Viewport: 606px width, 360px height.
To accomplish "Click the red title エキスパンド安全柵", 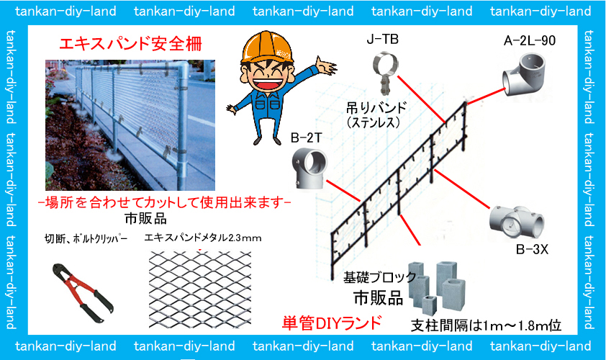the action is (130, 44).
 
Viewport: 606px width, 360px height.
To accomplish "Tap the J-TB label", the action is (383, 40).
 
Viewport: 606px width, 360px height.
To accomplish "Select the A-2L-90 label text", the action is (530, 40).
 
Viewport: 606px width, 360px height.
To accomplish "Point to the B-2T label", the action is (306, 138).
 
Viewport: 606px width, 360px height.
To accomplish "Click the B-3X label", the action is (532, 249).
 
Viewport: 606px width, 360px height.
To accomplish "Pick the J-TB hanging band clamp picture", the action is (385, 73).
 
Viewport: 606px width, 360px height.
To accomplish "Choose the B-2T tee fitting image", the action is (309, 168).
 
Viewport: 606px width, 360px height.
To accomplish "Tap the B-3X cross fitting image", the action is (516, 223).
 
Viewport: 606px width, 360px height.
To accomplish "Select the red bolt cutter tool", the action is (82, 292).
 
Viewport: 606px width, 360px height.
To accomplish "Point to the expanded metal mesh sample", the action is (200, 289).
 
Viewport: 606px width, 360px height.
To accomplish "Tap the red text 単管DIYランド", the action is (332, 323).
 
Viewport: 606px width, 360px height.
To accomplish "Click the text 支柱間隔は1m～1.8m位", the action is (486, 326).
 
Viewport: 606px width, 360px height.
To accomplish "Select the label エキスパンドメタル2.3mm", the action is (202, 238).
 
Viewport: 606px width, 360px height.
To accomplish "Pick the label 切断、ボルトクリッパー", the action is (86, 239).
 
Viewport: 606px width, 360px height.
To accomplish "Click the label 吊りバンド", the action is (376, 107).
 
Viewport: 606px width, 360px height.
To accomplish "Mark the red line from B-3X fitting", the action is (462, 189).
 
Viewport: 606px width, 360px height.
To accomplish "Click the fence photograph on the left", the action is (130, 125).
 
